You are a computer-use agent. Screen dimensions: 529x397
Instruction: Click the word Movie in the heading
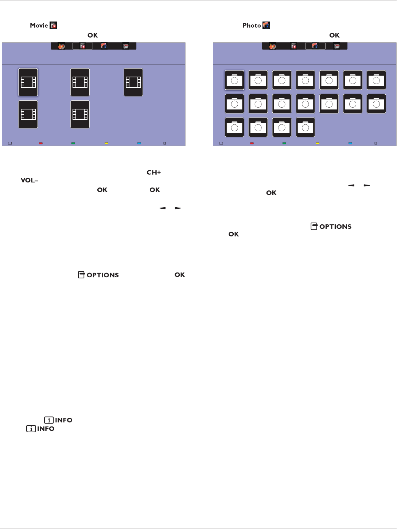(x=39, y=26)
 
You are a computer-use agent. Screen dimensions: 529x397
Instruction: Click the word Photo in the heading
(x=252, y=26)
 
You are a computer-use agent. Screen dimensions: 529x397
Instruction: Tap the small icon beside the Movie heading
(x=53, y=26)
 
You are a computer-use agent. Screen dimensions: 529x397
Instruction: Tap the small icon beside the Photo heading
(x=266, y=26)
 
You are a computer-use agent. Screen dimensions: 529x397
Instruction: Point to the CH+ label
(x=153, y=173)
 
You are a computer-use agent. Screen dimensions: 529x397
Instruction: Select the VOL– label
(x=29, y=181)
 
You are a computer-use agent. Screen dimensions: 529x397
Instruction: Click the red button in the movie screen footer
(x=41, y=143)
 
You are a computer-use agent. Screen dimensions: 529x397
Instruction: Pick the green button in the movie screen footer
(x=73, y=143)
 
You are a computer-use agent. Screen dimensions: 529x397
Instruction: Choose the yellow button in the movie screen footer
(x=106, y=143)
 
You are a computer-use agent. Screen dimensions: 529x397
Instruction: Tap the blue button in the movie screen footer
(x=139, y=143)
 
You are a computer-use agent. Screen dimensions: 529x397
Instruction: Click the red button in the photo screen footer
(x=252, y=143)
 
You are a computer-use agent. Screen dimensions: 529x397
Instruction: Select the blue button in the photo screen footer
(x=350, y=143)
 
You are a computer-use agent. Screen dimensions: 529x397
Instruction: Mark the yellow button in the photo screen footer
(x=317, y=143)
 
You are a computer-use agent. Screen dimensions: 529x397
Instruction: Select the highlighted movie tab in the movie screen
(x=83, y=46)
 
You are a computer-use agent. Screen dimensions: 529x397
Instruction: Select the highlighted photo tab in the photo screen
(x=315, y=46)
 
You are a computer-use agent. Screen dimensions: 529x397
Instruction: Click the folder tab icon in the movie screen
(x=126, y=46)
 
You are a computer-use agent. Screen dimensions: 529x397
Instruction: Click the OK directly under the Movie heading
(x=93, y=35)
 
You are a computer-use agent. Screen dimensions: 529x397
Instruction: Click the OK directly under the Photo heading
(x=334, y=35)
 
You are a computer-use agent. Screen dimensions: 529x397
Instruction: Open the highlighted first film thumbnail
(x=28, y=82)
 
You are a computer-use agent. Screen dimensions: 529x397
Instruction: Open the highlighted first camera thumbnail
(x=234, y=80)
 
